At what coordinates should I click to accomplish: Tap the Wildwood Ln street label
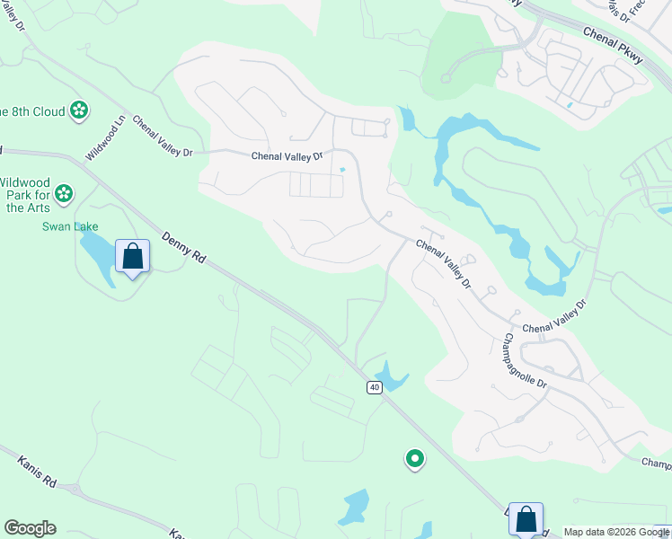click(106, 138)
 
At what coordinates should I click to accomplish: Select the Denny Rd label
click(184, 249)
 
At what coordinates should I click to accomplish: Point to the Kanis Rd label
click(37, 471)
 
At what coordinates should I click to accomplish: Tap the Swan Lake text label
click(70, 226)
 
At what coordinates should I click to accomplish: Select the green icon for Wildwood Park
click(64, 192)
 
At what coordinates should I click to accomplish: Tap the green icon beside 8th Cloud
click(79, 110)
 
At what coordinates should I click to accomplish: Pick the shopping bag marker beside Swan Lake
click(133, 256)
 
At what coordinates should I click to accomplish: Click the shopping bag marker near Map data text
click(526, 518)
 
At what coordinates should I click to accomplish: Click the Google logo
click(30, 528)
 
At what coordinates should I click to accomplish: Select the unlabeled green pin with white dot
click(414, 459)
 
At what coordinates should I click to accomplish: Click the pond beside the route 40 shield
click(390, 376)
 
